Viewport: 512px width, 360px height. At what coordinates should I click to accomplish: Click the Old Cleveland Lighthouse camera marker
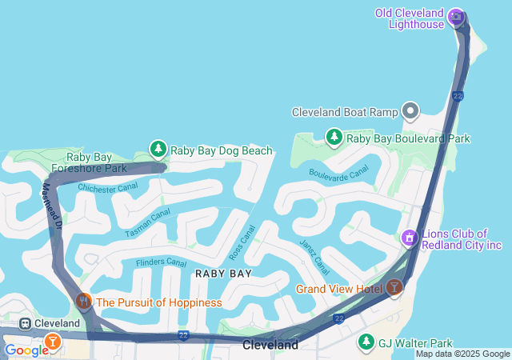(x=457, y=16)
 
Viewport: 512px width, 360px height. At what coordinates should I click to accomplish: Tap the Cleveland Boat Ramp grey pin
(x=411, y=111)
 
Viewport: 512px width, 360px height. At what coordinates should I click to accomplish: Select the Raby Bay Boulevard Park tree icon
(x=334, y=138)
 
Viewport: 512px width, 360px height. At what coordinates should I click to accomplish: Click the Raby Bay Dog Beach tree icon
(x=158, y=150)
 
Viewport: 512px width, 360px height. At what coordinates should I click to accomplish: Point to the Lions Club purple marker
(x=409, y=238)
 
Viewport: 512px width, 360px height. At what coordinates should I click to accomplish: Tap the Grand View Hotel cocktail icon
(x=394, y=287)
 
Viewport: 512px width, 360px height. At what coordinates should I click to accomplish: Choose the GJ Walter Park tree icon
(x=366, y=342)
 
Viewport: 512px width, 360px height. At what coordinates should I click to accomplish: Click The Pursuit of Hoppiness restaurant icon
(x=84, y=302)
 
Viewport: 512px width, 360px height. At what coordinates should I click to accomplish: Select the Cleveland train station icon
(x=26, y=323)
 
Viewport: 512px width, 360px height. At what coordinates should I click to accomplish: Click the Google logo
(x=26, y=350)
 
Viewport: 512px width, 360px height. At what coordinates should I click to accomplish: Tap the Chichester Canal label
(x=107, y=187)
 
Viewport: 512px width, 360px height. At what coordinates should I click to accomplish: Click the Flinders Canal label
(x=161, y=262)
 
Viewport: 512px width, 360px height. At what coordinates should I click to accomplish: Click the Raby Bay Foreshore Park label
(x=86, y=162)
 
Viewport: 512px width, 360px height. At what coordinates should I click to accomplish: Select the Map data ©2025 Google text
(x=462, y=354)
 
